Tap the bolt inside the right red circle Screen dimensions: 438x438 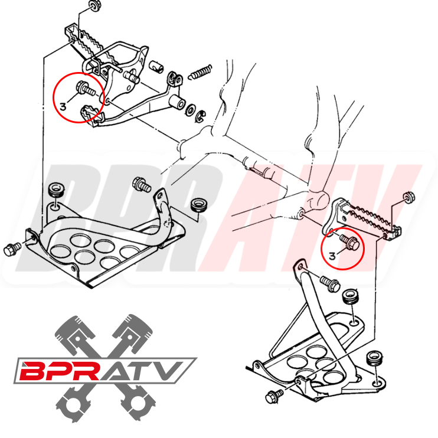(347, 241)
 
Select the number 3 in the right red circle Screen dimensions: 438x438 (332, 256)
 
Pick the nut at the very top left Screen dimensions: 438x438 (92, 7)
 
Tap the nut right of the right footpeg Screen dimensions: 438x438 (406, 197)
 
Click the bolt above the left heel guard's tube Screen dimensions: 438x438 (142, 184)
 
